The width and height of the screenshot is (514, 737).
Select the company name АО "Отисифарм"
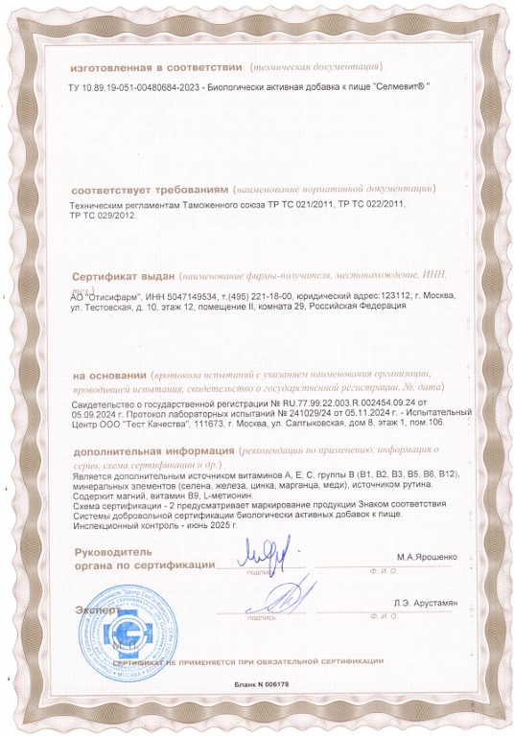(x=105, y=296)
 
